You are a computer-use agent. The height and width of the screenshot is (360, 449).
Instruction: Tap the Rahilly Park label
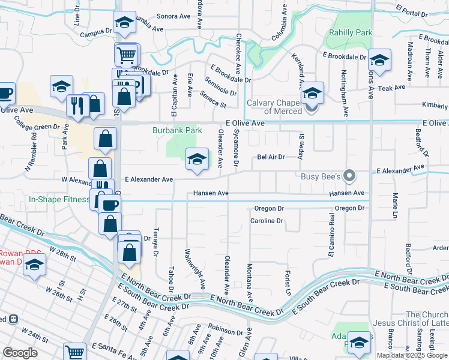[x=351, y=33]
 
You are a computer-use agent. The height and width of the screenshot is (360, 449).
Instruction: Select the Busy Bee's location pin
[x=351, y=176]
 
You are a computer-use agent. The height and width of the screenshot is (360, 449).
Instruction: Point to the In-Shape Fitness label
[x=58, y=199]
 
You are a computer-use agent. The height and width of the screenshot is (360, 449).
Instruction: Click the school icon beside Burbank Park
[x=196, y=160]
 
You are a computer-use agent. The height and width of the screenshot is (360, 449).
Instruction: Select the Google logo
[x=20, y=352]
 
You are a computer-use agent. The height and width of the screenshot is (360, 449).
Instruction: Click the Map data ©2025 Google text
[x=412, y=355]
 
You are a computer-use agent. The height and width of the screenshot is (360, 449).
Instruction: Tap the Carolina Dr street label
[x=267, y=221]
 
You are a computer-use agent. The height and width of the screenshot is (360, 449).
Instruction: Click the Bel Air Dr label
[x=270, y=157]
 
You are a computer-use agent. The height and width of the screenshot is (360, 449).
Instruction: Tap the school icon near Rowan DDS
[x=35, y=264]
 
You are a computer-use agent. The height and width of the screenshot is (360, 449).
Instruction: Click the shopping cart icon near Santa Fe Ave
[x=74, y=353]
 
